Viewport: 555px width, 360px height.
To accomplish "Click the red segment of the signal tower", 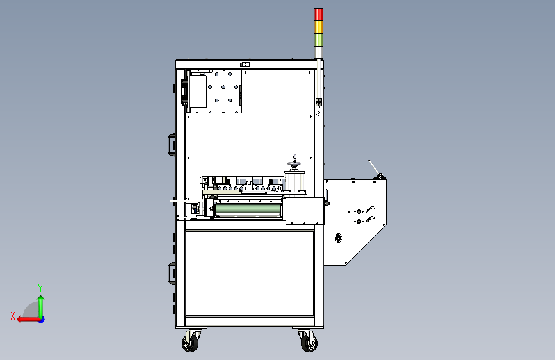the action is (319, 15).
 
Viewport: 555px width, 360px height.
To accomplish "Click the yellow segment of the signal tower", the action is (319, 28).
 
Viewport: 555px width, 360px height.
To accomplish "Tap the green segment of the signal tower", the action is (319, 40).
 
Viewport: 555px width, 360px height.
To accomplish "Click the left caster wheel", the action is (190, 342).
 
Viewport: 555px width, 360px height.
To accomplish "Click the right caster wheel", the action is (308, 342).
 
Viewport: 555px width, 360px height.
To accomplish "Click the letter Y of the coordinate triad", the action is (40, 288).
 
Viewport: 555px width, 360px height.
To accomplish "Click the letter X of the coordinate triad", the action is (13, 315).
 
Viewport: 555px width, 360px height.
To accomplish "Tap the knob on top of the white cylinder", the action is (294, 158).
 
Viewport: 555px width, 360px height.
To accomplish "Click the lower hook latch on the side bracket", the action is (370, 220).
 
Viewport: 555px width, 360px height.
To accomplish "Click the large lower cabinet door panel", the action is (249, 273).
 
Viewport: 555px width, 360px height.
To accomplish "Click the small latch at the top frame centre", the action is (243, 64).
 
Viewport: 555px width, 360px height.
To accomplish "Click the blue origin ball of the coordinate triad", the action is (41, 319).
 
